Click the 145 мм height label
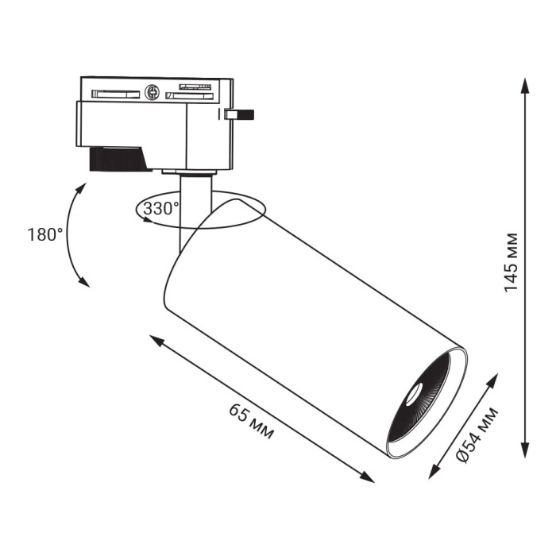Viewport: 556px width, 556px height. click(x=511, y=263)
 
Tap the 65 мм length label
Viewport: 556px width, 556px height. click(x=252, y=421)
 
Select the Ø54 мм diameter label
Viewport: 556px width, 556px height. click(x=477, y=435)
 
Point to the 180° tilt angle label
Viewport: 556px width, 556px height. click(x=45, y=235)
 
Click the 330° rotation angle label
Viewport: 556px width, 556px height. click(x=161, y=208)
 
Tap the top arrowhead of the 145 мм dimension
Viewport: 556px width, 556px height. click(x=525, y=85)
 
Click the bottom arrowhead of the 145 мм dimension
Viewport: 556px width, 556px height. click(x=525, y=450)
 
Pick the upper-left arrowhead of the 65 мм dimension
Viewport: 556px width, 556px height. click(x=156, y=341)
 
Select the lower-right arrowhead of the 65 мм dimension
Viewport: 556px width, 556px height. click(x=367, y=477)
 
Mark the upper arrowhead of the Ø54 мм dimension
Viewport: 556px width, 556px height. click(x=492, y=380)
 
